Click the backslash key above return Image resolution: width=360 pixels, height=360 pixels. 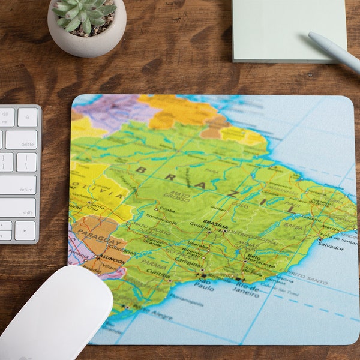click(26, 162)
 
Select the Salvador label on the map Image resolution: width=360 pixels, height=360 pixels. click(331, 246)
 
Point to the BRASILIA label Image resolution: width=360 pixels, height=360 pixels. click(216, 222)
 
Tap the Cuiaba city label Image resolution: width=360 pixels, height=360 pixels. click(167, 210)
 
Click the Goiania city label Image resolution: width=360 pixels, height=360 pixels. click(200, 225)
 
